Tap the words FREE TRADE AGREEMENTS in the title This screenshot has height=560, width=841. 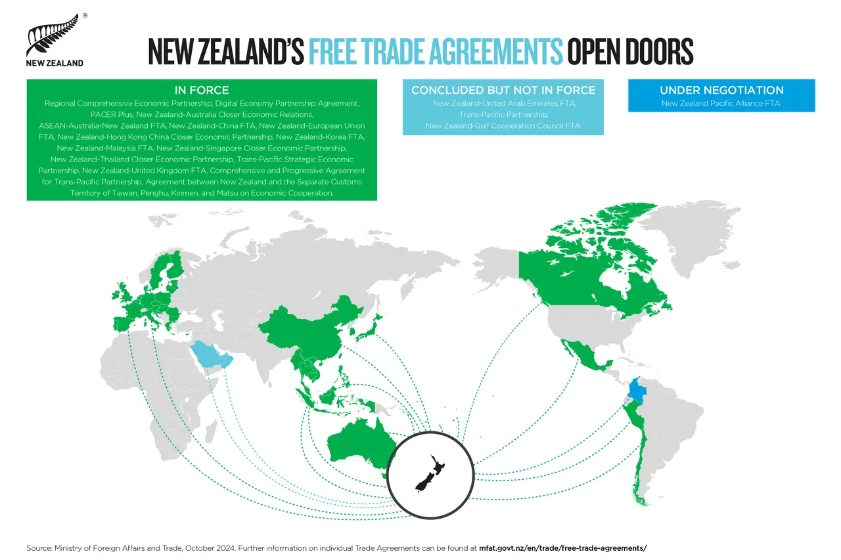(435, 51)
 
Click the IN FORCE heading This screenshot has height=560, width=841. (202, 90)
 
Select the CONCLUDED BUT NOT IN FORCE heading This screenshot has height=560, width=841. (503, 90)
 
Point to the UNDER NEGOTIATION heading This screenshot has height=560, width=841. (721, 90)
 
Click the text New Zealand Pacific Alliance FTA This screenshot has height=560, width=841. (721, 104)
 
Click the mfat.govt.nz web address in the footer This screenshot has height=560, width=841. (563, 548)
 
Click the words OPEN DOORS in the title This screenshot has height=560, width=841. (630, 51)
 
